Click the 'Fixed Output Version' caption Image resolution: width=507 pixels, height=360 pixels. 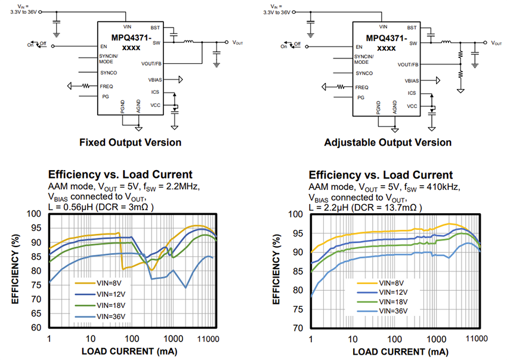pos(130,142)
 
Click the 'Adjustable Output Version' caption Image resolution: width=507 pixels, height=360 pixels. pos(388,142)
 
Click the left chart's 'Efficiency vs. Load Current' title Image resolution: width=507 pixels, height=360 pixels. pos(120,174)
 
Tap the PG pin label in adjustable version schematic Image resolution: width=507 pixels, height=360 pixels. pos(360,97)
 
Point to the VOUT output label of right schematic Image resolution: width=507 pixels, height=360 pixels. pos(496,43)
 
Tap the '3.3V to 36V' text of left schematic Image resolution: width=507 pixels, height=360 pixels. pos(21,11)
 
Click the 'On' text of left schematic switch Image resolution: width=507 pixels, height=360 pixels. pos(30,45)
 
